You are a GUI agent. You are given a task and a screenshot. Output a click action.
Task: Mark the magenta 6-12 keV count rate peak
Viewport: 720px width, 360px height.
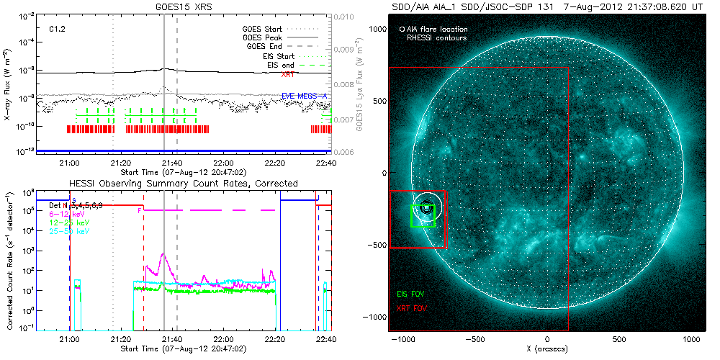[163, 253]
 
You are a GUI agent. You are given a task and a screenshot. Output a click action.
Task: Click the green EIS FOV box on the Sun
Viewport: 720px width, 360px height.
[423, 215]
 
